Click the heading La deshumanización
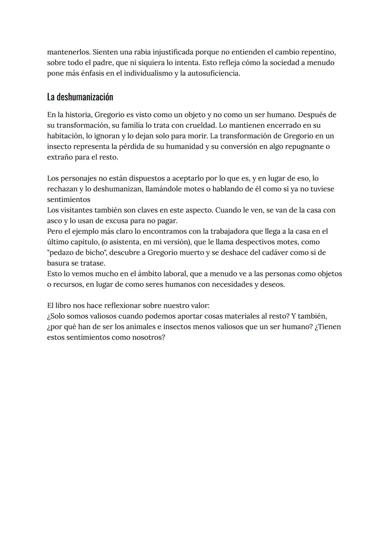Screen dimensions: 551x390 (x=80, y=97)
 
